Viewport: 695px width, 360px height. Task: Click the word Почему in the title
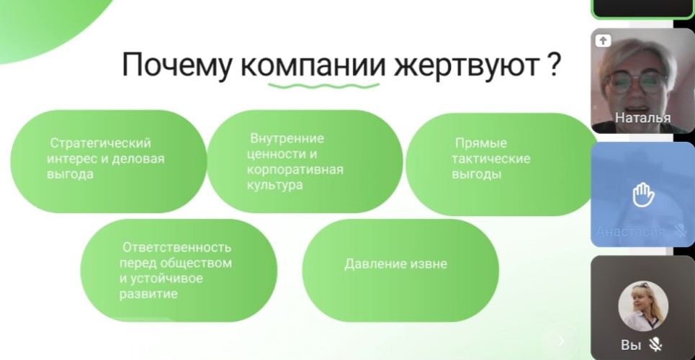[x=176, y=66]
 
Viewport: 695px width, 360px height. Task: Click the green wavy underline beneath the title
[x=324, y=85]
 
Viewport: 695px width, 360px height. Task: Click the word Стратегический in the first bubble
[x=101, y=143]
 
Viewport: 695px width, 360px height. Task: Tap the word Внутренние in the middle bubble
[x=287, y=138]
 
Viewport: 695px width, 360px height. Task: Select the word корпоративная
[x=295, y=170]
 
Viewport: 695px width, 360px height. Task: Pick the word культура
[x=275, y=185]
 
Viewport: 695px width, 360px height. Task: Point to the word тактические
[x=491, y=158]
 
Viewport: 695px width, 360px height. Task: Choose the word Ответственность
[x=177, y=247]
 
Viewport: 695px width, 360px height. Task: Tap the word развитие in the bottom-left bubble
[x=148, y=294]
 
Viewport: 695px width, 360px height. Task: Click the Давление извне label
[x=396, y=264]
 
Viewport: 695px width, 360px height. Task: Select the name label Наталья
[x=642, y=117]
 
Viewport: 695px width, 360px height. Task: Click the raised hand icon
[x=642, y=196]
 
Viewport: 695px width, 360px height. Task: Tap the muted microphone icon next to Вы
[x=655, y=344]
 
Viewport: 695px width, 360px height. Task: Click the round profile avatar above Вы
[x=643, y=306]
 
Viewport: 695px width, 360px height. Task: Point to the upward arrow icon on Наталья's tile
[x=603, y=41]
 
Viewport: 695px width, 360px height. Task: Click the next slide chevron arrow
[x=561, y=341]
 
